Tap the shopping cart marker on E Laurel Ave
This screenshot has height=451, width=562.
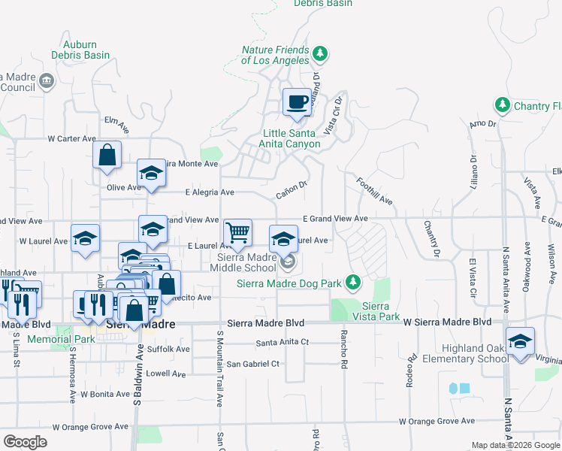coord(237,233)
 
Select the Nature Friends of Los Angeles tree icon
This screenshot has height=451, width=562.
coord(321,53)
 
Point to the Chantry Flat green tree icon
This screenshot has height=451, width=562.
coord(502,105)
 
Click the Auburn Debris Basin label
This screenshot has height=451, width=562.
coord(80,50)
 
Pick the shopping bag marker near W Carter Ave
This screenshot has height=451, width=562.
coord(107,156)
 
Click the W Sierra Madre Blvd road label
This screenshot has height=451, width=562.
coord(447,322)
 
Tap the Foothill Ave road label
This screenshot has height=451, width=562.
coord(375,191)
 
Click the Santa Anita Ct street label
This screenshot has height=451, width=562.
coord(283,342)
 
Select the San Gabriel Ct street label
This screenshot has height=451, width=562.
coord(253,364)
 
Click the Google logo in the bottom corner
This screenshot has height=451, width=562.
coord(25,442)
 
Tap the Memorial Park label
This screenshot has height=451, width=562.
coord(50,339)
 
